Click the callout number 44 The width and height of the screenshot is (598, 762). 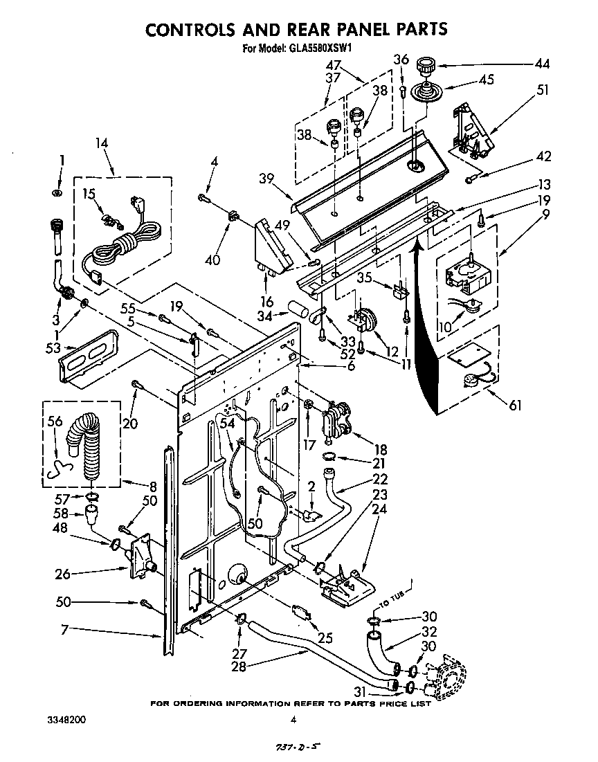point(542,65)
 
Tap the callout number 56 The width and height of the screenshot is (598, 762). point(55,421)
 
